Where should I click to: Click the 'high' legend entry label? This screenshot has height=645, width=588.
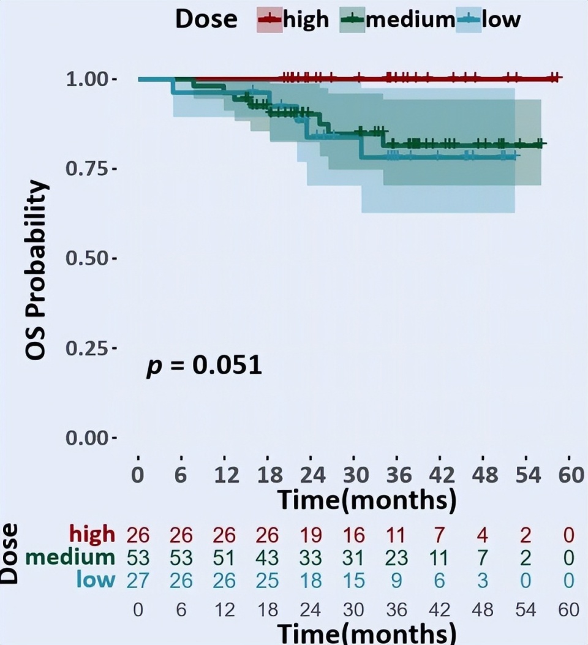pos(306,19)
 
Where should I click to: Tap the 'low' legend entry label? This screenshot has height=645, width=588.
pos(501,19)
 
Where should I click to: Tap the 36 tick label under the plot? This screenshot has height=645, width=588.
pos(397,475)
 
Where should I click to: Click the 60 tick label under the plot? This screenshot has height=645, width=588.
pos(570,475)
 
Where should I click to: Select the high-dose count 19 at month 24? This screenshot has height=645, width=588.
pos(311,535)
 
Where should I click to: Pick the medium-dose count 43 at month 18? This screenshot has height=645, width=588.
pos(267,558)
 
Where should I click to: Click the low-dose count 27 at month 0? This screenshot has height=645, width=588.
pos(138,580)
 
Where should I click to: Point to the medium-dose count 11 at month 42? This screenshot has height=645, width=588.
pos(439,558)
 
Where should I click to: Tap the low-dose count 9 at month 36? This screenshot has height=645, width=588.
pos(397,580)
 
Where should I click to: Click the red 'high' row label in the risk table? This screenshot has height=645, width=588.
pos(92,534)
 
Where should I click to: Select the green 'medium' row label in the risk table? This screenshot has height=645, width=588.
pos(70,557)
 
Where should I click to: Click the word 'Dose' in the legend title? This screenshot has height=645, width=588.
pos(206,19)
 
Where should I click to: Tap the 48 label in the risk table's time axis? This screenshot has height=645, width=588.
pos(482,609)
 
